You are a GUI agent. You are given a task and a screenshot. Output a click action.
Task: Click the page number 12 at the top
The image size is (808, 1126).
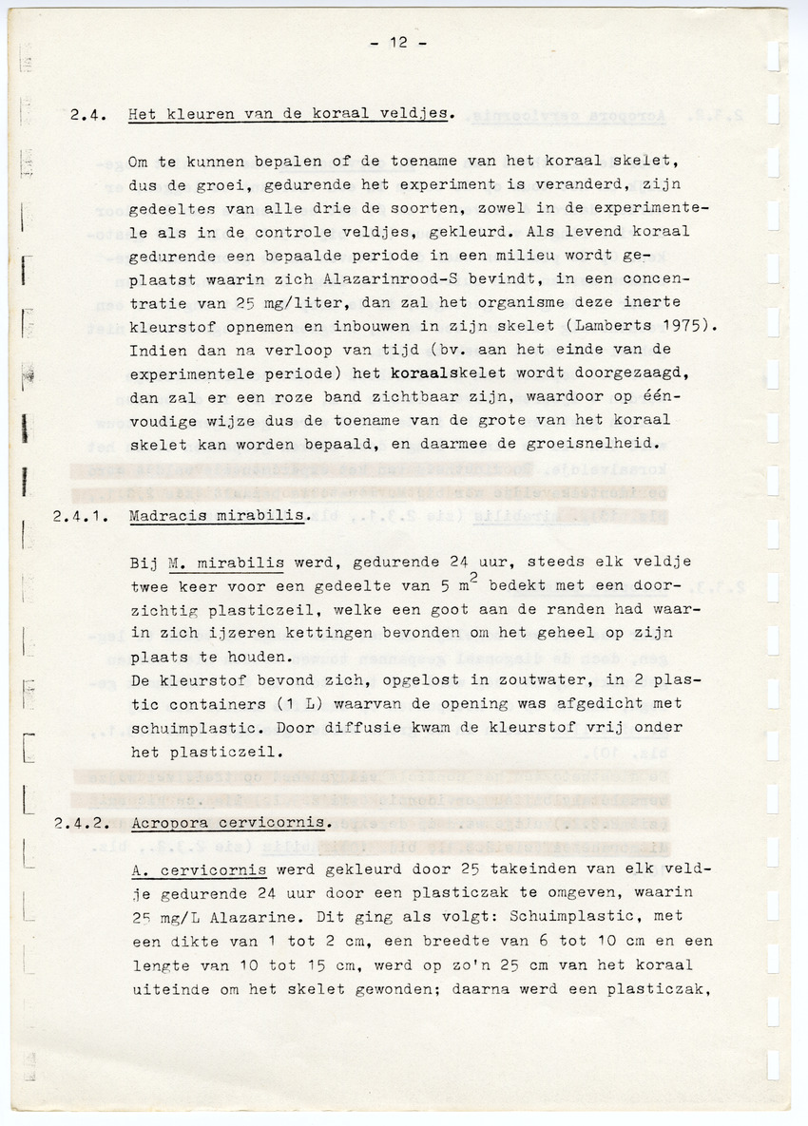click(x=399, y=43)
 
